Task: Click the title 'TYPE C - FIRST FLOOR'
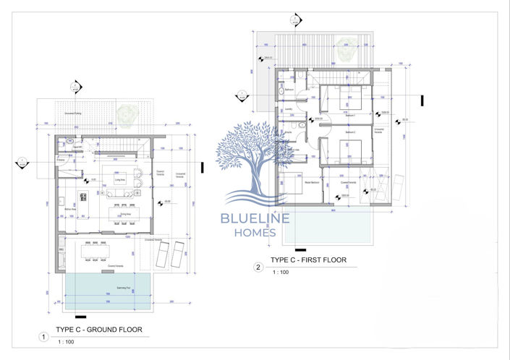(x=308, y=260)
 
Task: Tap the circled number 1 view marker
(x=44, y=336)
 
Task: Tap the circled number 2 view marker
(x=258, y=267)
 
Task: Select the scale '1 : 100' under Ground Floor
(x=67, y=341)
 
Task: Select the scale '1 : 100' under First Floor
(x=281, y=272)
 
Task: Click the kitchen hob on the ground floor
(x=82, y=197)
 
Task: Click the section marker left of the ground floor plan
(x=22, y=161)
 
